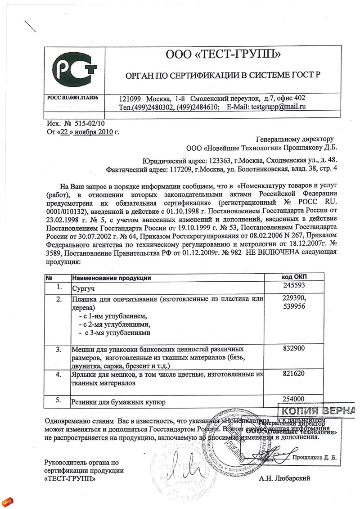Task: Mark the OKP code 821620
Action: point(295,373)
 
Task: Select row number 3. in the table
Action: point(58,349)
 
